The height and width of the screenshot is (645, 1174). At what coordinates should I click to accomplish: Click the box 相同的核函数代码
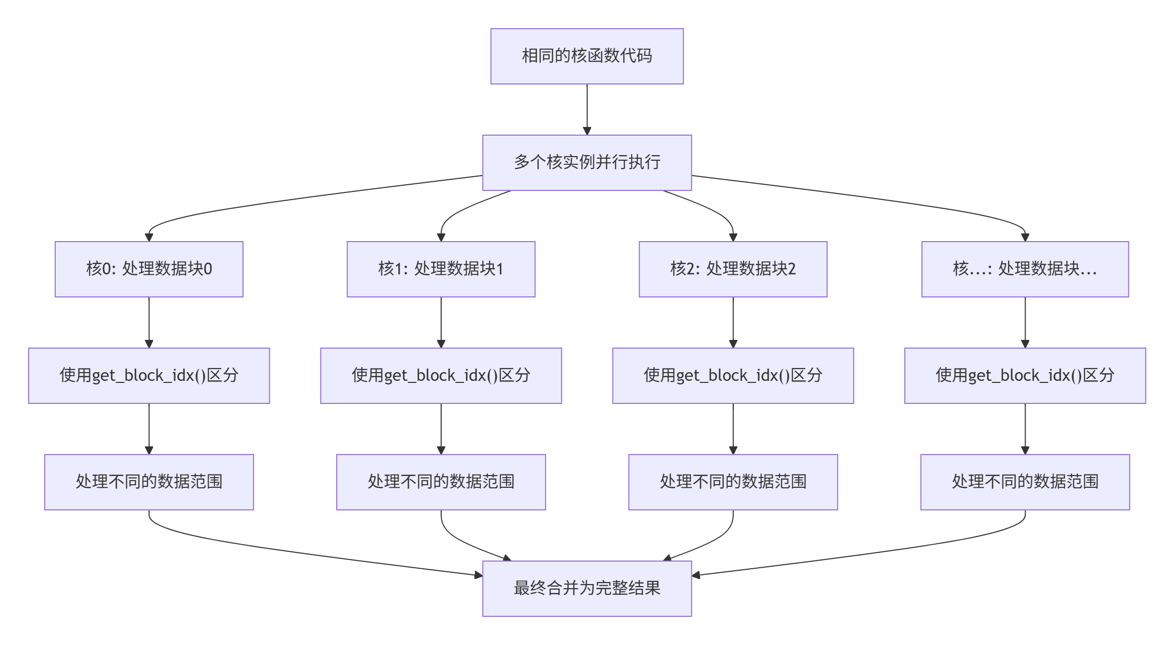(x=587, y=56)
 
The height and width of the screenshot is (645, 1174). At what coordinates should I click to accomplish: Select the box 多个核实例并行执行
(x=587, y=163)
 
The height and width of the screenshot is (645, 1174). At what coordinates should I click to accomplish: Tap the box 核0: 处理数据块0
(x=149, y=269)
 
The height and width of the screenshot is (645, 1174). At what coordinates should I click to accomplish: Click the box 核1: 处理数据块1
(x=441, y=269)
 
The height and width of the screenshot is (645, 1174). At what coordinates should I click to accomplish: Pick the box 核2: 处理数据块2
(x=733, y=269)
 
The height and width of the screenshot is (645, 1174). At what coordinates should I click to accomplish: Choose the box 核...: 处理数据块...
(x=1025, y=269)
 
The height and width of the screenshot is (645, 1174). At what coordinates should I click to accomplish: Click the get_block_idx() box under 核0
(x=149, y=376)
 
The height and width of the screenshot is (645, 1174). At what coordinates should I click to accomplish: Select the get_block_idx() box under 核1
(x=441, y=376)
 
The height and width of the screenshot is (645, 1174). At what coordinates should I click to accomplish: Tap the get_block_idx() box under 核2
(x=733, y=376)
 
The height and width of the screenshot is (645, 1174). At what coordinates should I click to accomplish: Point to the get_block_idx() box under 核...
(x=1025, y=376)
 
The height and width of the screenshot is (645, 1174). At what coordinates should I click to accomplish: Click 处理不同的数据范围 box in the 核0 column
(x=149, y=482)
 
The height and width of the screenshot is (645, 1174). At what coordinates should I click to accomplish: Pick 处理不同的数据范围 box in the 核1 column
(x=441, y=482)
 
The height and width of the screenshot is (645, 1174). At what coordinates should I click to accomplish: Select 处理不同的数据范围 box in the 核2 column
(x=733, y=482)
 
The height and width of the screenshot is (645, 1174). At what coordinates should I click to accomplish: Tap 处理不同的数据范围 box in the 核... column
(x=1025, y=482)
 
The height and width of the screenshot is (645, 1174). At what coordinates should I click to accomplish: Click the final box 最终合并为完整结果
(x=587, y=589)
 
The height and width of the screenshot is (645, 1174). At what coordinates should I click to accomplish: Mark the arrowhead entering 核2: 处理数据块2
(x=733, y=238)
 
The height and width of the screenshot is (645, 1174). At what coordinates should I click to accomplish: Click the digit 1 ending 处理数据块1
(x=500, y=269)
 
